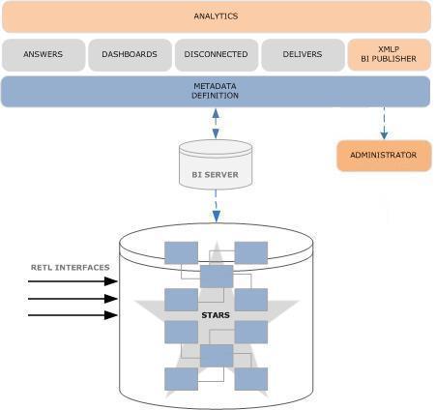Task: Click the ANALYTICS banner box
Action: tap(217, 16)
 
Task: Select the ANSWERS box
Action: tap(44, 54)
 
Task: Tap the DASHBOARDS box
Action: tap(130, 54)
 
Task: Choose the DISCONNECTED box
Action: tap(217, 54)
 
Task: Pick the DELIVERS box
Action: tap(303, 54)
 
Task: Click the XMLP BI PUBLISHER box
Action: tap(389, 54)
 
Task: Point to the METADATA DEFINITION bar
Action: tap(216, 92)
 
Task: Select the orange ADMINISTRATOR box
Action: tap(384, 156)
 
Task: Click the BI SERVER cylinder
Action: tap(216, 164)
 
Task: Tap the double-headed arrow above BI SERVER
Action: tap(216, 124)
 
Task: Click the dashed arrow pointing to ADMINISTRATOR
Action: tap(384, 124)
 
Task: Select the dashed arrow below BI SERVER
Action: tap(216, 206)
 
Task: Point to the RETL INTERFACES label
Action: tap(71, 268)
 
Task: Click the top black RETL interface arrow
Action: tap(73, 281)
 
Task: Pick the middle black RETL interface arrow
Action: tap(73, 299)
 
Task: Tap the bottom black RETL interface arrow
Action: tap(73, 315)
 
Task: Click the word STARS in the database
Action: tap(216, 315)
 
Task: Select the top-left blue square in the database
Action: tap(181, 253)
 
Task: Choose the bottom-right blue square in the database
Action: tap(251, 379)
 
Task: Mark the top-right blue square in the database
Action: tap(251, 253)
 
